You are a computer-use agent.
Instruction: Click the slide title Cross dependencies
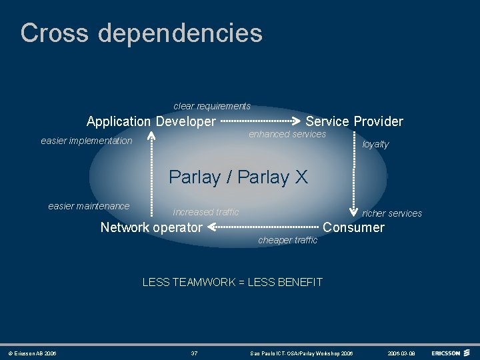pos(141,33)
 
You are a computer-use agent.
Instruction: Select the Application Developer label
pos(151,121)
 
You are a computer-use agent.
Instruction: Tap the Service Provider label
pos(354,121)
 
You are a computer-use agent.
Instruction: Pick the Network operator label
pos(151,227)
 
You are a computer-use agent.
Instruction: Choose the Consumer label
pos(353,227)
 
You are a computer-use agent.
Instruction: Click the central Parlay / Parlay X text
pos(238,177)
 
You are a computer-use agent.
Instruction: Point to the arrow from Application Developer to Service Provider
pos(260,121)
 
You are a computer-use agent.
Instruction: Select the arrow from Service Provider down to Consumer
pos(354,173)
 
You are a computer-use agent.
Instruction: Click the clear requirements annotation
pos(212,106)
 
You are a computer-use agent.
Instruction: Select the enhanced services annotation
pos(287,134)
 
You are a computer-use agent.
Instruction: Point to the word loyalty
pos(375,144)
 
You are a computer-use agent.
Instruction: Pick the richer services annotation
pos(392,213)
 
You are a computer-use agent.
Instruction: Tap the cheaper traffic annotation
pos(287,240)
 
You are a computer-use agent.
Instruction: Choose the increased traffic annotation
pos(205,212)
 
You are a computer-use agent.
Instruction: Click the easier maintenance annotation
pos(89,206)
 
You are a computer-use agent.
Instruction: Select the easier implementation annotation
pos(87,141)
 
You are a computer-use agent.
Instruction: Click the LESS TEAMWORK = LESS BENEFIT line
pos(232,282)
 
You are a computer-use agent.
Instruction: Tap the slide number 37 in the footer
pos(194,353)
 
